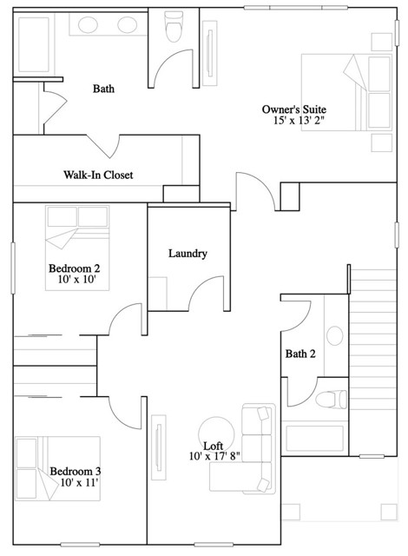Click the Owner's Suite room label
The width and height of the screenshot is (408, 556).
(x=294, y=109)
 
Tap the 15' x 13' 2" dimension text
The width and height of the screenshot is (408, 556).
(x=299, y=121)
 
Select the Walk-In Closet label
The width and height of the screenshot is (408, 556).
(x=98, y=175)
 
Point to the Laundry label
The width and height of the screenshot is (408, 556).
(x=188, y=254)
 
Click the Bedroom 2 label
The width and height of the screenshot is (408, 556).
(x=74, y=268)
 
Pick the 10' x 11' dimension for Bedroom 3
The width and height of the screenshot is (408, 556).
(x=79, y=482)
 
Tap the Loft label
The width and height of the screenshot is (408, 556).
(x=214, y=446)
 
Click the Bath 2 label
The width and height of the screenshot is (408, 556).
(x=300, y=354)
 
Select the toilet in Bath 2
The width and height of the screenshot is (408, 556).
(x=331, y=400)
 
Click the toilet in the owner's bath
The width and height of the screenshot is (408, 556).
(x=174, y=27)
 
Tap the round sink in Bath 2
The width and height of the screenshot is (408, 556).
(x=335, y=336)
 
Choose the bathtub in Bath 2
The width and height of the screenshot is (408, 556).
(x=314, y=438)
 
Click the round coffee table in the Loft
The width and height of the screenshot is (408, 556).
(x=216, y=434)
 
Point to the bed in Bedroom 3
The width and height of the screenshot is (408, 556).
(x=57, y=468)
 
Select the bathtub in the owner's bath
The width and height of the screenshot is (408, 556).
(x=34, y=45)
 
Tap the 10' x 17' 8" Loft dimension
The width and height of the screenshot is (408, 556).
(x=214, y=456)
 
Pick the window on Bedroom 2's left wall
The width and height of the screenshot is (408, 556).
(x=13, y=268)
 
